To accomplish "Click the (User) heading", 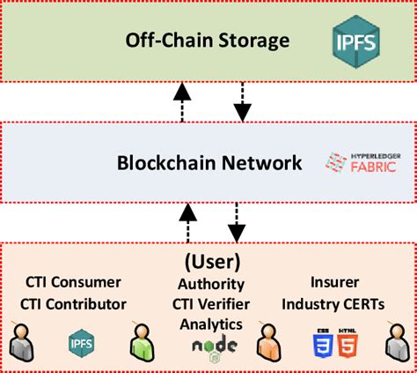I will click(x=212, y=262).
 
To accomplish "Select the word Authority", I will click(x=210, y=284).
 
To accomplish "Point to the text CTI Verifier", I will click(x=210, y=304).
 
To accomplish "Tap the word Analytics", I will click(x=210, y=324).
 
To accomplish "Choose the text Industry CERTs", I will click(x=335, y=303).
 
